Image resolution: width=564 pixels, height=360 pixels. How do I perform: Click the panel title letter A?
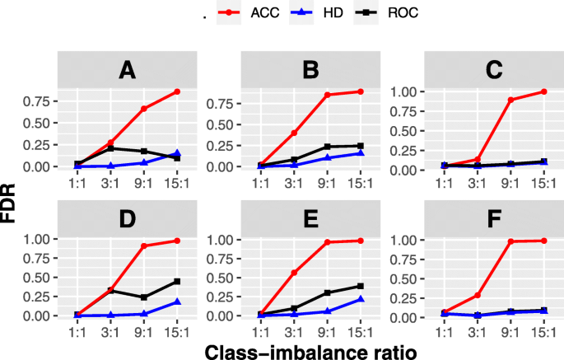point(127,71)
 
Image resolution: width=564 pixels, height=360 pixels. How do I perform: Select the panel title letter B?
point(310,71)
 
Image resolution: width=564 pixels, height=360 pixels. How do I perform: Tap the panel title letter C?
point(494,71)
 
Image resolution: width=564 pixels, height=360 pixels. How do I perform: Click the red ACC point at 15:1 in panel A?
point(176,91)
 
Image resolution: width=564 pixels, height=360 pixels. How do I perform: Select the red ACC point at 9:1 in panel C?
point(510,100)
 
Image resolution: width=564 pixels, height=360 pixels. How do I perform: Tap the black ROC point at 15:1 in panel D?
point(176,282)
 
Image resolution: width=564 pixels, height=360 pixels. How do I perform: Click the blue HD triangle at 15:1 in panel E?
point(360,299)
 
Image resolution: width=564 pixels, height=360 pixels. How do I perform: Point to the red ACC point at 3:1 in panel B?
point(294,133)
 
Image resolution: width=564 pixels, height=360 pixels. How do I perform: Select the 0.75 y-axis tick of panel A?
point(40,102)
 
